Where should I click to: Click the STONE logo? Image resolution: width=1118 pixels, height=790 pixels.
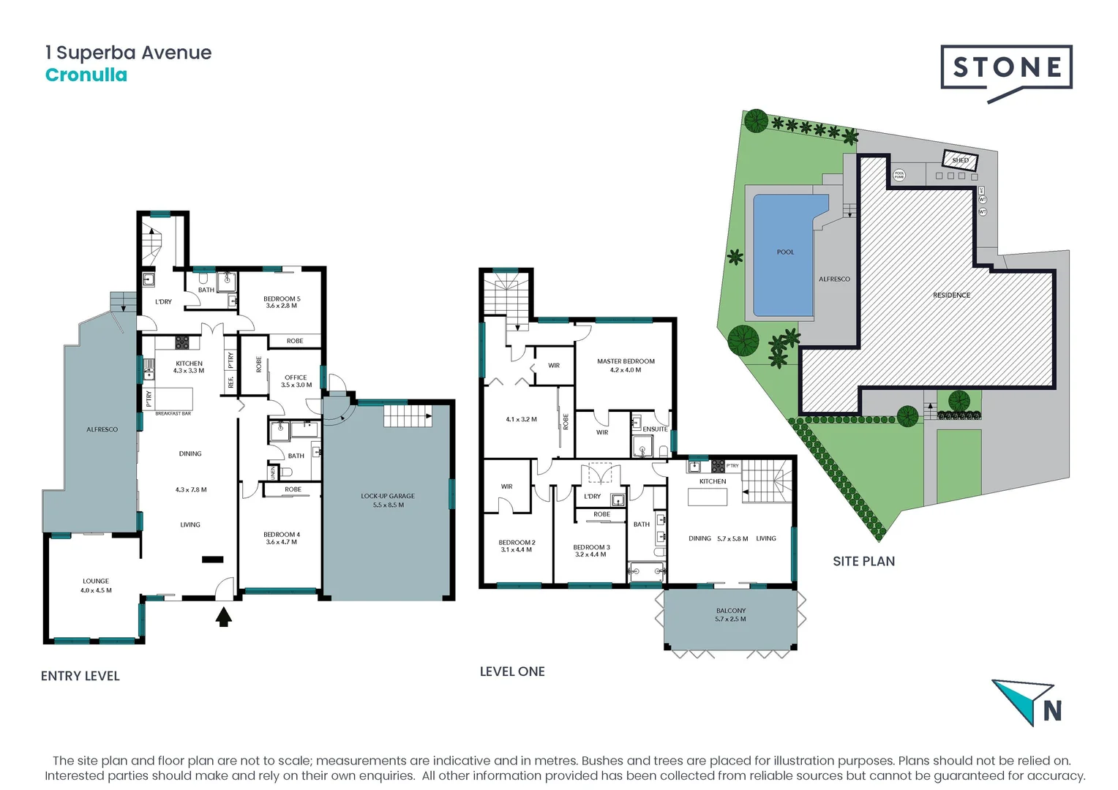pyautogui.click(x=1006, y=69)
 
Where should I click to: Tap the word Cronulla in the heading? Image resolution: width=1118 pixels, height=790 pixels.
pyautogui.click(x=86, y=75)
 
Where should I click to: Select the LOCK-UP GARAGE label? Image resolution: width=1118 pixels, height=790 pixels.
pyautogui.click(x=388, y=496)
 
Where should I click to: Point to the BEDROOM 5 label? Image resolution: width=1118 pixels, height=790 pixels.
pyautogui.click(x=282, y=299)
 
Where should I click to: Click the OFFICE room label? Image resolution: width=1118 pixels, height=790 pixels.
pyautogui.click(x=296, y=377)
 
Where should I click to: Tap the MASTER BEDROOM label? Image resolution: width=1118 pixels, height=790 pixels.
pyautogui.click(x=626, y=361)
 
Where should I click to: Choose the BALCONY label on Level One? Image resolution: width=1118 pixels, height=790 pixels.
pyautogui.click(x=731, y=611)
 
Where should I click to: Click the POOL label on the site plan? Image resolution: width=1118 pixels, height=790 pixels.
pyautogui.click(x=785, y=252)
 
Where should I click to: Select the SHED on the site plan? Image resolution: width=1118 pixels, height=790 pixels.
pyautogui.click(x=960, y=160)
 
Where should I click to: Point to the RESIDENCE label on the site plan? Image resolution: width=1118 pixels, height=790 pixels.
pyautogui.click(x=951, y=296)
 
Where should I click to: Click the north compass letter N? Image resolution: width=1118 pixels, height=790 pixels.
pyautogui.click(x=1052, y=711)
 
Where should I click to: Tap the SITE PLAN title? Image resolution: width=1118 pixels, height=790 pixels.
pyautogui.click(x=863, y=561)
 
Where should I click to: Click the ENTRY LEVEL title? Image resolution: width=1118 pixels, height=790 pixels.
pyautogui.click(x=80, y=676)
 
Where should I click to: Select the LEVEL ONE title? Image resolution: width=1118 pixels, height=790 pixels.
pyautogui.click(x=512, y=671)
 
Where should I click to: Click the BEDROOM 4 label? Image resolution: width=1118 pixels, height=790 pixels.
pyautogui.click(x=282, y=535)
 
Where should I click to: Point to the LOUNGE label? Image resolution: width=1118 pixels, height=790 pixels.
pyautogui.click(x=96, y=582)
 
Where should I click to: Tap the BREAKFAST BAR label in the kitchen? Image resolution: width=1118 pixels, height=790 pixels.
pyautogui.click(x=173, y=414)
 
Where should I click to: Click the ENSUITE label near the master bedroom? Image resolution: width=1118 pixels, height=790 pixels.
pyautogui.click(x=655, y=429)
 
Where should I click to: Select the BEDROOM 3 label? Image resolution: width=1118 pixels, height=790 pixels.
pyautogui.click(x=591, y=547)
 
